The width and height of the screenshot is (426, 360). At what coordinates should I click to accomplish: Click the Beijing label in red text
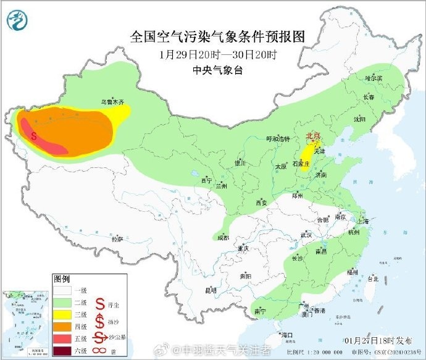[314, 136]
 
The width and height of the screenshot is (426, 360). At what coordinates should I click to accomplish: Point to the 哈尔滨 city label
[374, 78]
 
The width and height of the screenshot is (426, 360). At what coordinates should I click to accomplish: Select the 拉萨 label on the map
[117, 238]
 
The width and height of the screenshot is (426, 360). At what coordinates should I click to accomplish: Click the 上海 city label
[362, 220]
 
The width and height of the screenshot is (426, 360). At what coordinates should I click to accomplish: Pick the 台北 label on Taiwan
[373, 278]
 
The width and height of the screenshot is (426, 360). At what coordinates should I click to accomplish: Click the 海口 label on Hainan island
[286, 335]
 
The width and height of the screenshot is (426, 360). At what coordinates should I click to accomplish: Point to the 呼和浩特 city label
[277, 139]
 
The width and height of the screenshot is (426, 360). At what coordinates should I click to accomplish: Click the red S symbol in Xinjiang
[34, 134]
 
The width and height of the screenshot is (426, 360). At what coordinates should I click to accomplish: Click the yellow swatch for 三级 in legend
[63, 315]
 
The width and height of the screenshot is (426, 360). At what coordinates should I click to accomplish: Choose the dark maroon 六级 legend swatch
[63, 352]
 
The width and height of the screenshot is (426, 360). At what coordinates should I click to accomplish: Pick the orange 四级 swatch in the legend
[63, 327]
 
